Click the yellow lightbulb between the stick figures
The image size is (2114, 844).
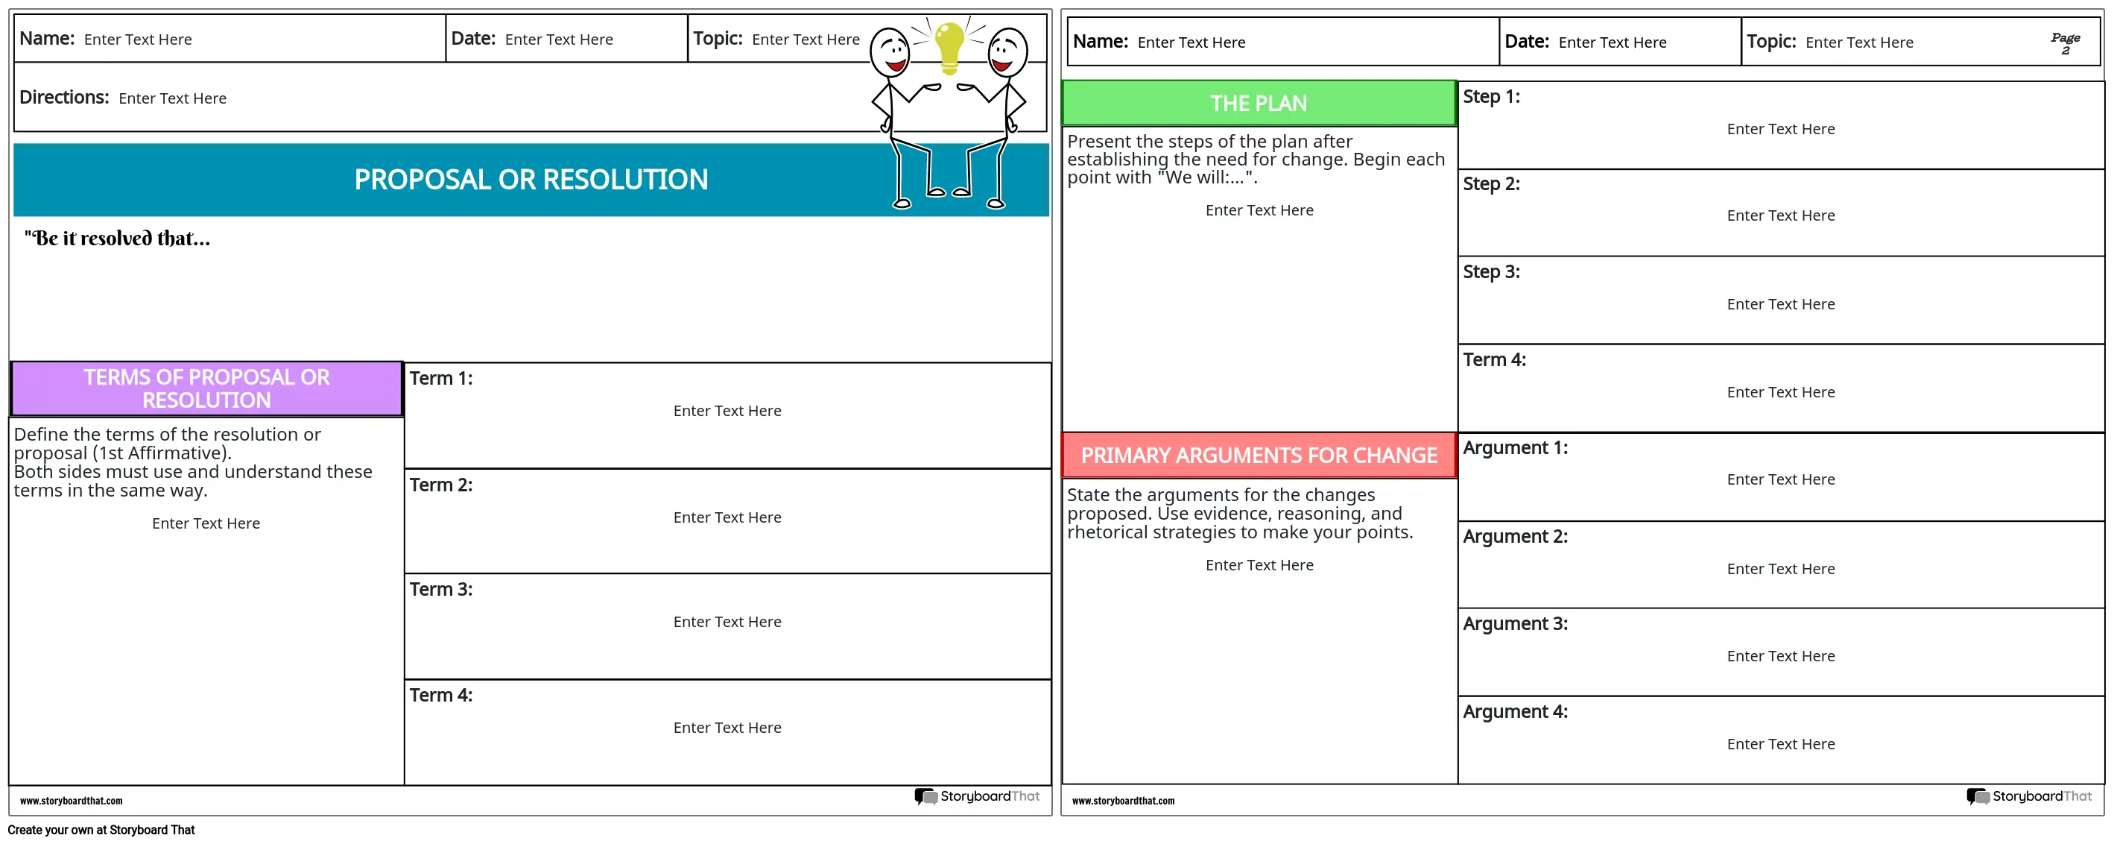click(949, 46)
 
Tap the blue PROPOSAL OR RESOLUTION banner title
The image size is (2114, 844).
click(531, 180)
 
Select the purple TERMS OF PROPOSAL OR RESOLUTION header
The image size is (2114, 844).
click(207, 388)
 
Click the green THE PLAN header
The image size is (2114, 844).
click(1258, 104)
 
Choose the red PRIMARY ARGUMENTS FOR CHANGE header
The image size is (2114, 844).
click(1258, 456)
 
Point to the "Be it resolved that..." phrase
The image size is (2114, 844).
click(117, 239)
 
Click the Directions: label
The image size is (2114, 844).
click(64, 98)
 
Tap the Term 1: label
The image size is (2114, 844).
click(440, 379)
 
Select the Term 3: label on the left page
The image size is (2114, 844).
click(440, 590)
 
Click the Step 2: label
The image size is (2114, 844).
click(1490, 184)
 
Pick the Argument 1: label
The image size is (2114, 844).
click(1514, 448)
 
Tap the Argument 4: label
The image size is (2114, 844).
click(1514, 712)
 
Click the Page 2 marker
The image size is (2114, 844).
click(2065, 43)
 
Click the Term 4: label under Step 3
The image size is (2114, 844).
click(1493, 359)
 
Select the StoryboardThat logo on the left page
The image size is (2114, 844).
click(977, 796)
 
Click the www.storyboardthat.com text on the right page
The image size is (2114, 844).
click(1123, 802)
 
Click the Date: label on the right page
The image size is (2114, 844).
click(1526, 42)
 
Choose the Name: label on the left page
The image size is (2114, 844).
click(47, 39)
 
